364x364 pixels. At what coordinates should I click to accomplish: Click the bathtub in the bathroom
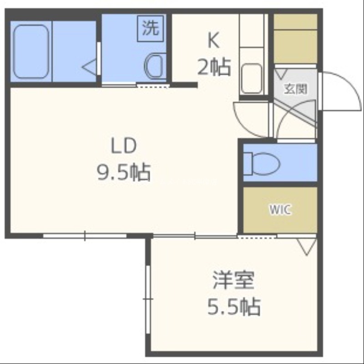click(x=31, y=51)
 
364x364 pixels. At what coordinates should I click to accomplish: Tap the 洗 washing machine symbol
click(x=150, y=28)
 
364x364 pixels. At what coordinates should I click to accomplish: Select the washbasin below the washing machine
click(x=155, y=66)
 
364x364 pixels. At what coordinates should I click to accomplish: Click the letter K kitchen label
click(x=213, y=41)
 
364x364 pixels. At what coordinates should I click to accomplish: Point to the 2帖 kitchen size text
click(x=214, y=67)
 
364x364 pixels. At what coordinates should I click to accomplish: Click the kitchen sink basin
click(x=252, y=78)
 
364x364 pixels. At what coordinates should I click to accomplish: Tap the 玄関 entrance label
click(x=295, y=89)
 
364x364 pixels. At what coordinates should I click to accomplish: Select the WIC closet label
click(x=280, y=209)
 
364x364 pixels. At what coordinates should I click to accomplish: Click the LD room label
click(x=124, y=146)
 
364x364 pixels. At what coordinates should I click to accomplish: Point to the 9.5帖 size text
click(x=124, y=172)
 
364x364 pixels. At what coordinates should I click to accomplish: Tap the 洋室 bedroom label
click(x=233, y=280)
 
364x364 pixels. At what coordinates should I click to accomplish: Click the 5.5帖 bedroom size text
click(x=234, y=306)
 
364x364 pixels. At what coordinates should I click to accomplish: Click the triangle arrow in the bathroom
click(x=89, y=67)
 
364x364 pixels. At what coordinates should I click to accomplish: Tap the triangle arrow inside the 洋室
click(x=307, y=247)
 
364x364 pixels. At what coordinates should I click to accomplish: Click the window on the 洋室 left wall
click(x=148, y=299)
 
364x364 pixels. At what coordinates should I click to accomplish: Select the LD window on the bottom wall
click(x=85, y=236)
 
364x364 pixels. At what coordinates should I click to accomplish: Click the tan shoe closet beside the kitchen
click(x=295, y=39)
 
